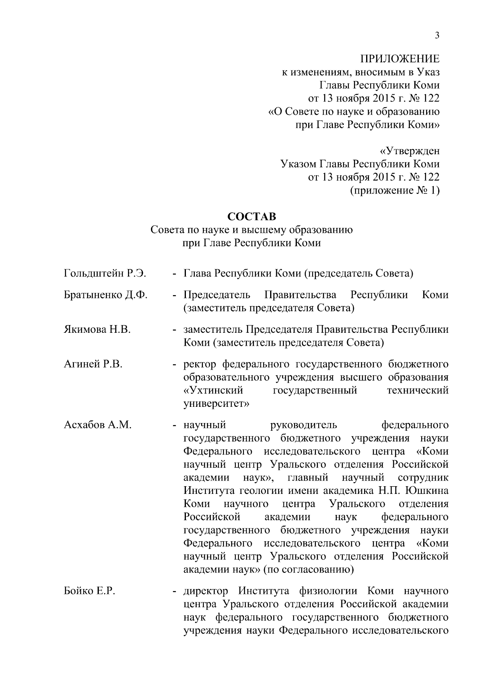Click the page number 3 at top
[x=437, y=35]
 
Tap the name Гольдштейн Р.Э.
[x=105, y=274]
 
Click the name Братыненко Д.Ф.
[x=106, y=295]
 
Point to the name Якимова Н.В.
[x=97, y=330]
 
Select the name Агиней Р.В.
[x=93, y=364]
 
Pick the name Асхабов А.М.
[x=98, y=425]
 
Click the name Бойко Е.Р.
[x=90, y=591]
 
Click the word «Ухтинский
[x=213, y=391]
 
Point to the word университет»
[x=216, y=404]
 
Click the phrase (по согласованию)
[x=309, y=570]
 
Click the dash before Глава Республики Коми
[x=175, y=274]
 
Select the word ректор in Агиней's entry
[x=200, y=364]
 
